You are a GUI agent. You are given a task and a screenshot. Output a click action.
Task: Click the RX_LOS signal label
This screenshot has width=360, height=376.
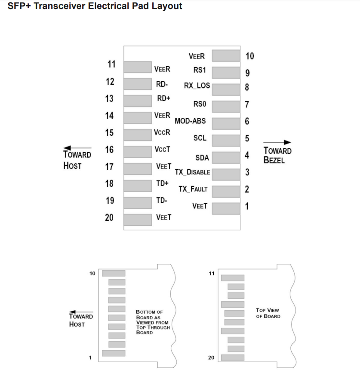coord(197,86)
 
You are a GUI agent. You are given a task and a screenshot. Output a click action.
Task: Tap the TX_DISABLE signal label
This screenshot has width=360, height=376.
coord(192,172)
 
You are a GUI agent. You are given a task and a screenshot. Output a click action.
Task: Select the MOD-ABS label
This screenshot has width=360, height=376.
coord(190,121)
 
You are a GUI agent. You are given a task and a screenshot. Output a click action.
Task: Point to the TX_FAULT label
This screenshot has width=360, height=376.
coord(193,189)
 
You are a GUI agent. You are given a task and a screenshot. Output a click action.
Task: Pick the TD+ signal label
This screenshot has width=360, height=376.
coord(162,183)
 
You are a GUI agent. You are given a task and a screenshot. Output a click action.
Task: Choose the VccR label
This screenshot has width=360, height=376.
coord(162,132)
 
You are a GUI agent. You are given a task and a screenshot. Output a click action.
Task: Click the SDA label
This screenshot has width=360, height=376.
coord(202,158)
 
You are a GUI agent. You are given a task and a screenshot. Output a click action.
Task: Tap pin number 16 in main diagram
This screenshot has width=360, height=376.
coord(109,150)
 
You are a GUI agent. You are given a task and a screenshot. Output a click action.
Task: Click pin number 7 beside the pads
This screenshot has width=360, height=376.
coord(247,104)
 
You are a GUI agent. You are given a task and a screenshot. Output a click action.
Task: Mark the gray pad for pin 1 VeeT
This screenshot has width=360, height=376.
coord(226,208)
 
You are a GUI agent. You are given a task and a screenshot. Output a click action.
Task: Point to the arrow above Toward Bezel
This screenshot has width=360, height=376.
coord(277,143)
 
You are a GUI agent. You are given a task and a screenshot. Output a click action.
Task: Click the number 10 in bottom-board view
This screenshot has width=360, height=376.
coord(92,273)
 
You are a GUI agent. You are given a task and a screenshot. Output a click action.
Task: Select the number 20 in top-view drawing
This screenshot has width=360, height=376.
coord(211,358)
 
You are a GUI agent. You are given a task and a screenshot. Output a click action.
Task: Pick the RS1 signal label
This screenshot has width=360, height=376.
coord(199,70)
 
